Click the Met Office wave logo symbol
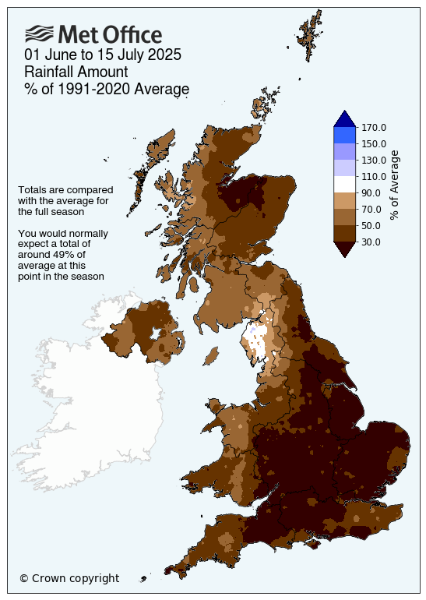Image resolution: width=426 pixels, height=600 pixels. tap(39, 34)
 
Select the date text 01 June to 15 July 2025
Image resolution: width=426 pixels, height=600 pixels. tap(102, 55)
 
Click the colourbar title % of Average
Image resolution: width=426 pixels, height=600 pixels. tap(395, 185)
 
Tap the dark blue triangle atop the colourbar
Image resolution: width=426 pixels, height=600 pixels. tap(344, 118)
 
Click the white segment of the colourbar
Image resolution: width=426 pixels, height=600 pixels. tap(344, 184)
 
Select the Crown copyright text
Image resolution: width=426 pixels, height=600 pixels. tap(69, 578)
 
